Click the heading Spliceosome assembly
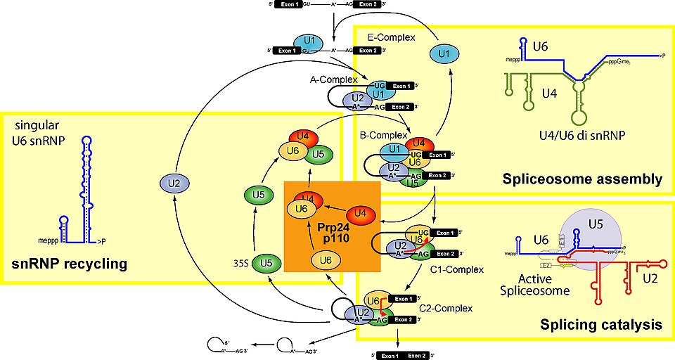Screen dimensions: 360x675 click(583, 180)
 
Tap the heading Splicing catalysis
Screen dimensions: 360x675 click(600, 325)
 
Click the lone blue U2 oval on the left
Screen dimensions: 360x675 click(174, 184)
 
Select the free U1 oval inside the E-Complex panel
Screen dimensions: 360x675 click(444, 53)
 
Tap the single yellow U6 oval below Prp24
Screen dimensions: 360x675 click(326, 261)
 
